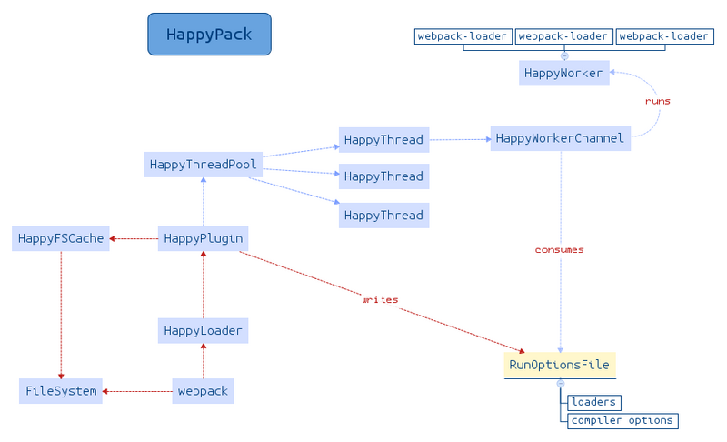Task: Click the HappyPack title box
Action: [209, 35]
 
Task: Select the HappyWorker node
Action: [563, 73]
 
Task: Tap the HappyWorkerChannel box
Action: [560, 138]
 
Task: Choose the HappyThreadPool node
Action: [204, 165]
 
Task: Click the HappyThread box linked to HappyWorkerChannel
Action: [383, 139]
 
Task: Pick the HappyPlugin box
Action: [203, 238]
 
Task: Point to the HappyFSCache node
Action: [60, 238]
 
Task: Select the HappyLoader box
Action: [203, 330]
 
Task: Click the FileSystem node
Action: [60, 391]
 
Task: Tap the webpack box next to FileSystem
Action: [203, 391]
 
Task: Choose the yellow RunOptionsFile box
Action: [560, 365]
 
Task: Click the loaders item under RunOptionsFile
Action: [593, 402]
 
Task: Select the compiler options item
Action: [622, 420]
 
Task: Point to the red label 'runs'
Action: [657, 101]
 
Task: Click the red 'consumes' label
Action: [559, 249]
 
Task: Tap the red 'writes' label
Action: [380, 299]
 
